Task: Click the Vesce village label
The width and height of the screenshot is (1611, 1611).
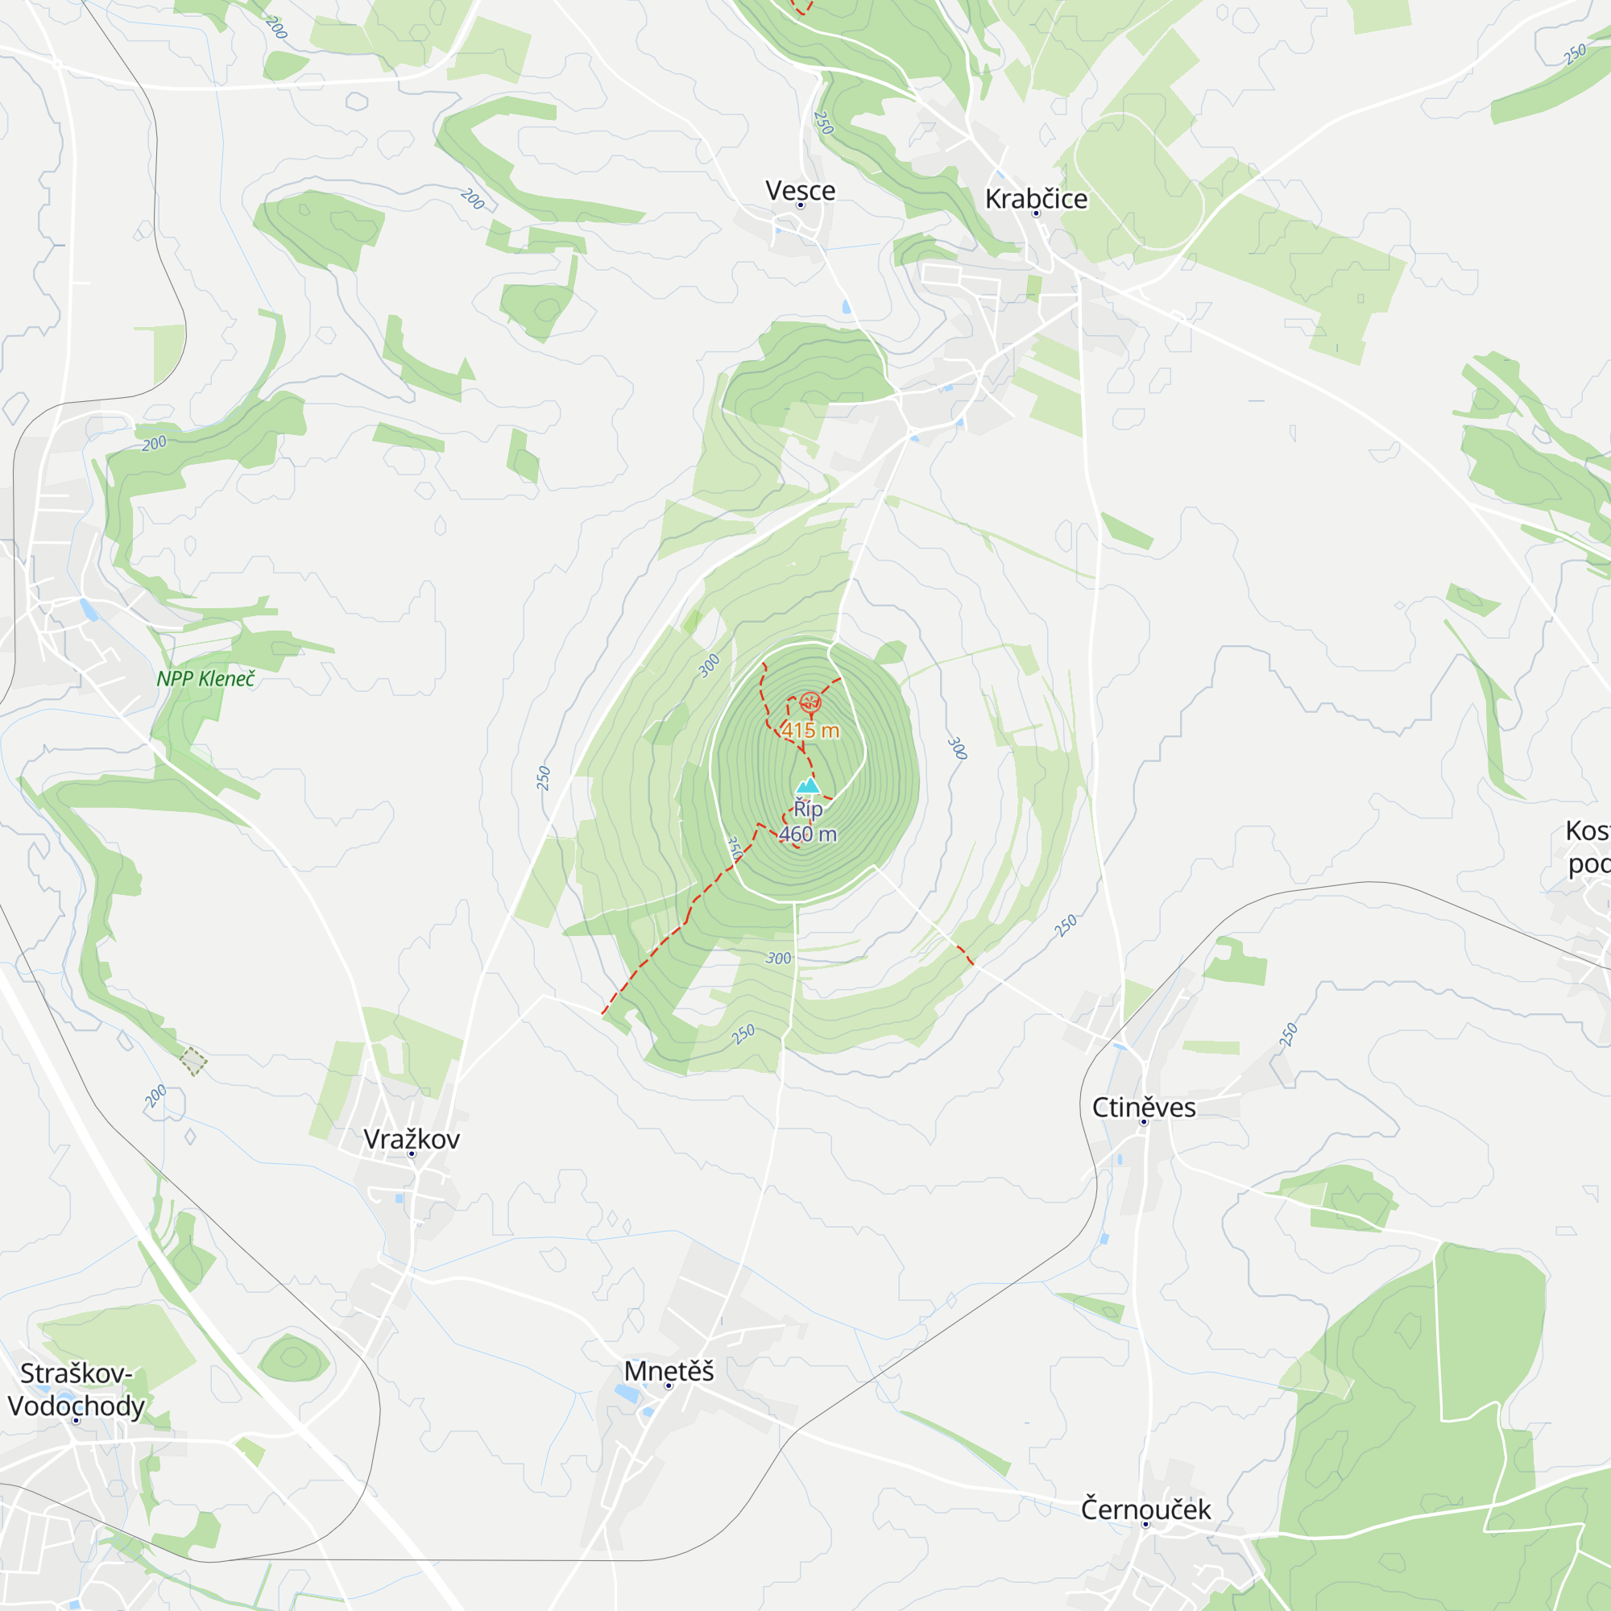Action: [800, 190]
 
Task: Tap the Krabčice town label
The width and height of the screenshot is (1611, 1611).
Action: [1036, 198]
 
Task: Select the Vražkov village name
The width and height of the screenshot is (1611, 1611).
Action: [411, 1139]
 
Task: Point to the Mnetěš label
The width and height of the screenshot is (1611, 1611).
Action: [669, 1372]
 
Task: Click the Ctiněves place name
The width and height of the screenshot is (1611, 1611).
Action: [1143, 1108]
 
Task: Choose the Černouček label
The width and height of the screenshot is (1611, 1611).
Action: [1145, 1510]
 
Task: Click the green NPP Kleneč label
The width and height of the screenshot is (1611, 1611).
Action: [205, 679]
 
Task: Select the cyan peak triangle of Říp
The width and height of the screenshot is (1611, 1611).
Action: [807, 786]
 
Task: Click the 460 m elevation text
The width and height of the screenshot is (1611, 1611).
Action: [807, 834]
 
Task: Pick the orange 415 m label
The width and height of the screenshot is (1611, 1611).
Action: [810, 731]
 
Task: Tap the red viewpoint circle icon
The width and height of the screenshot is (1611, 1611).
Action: [810, 702]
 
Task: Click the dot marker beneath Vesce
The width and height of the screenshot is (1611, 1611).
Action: [800, 205]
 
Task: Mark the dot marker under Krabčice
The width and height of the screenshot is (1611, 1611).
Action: [1036, 213]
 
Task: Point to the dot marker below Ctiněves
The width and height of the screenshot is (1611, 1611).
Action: [1143, 1122]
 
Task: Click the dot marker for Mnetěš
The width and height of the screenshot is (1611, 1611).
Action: [668, 1385]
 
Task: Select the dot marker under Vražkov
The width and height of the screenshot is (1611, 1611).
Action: [411, 1154]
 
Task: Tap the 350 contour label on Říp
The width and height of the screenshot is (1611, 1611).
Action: [735, 848]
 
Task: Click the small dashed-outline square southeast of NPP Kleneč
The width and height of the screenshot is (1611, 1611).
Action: [193, 1062]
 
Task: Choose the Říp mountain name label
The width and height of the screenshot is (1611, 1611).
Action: [807, 809]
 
